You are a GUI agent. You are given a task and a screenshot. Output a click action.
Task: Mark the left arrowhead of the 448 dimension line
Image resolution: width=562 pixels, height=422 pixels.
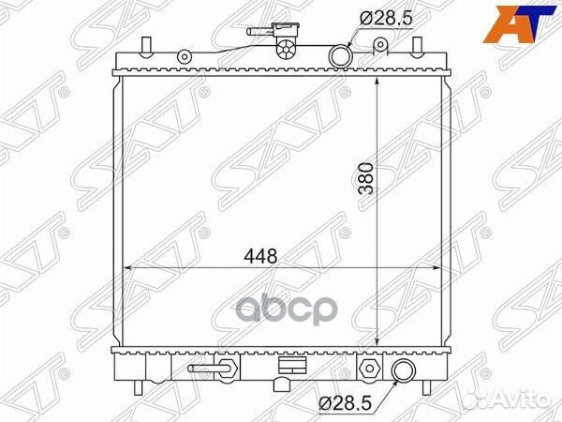tap(129, 266)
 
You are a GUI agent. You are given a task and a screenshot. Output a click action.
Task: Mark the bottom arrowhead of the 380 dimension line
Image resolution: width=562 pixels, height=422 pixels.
tap(377, 343)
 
